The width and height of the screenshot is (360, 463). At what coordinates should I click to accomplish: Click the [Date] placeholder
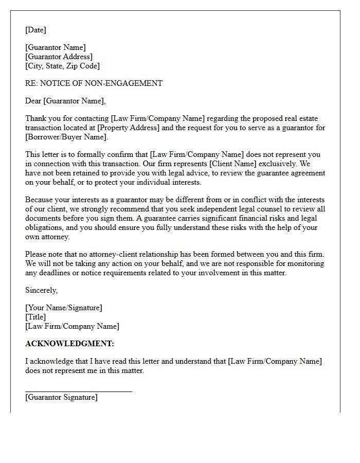35,30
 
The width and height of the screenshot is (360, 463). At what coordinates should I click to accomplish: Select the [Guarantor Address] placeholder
59,57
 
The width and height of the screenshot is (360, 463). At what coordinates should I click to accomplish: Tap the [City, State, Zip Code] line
62,66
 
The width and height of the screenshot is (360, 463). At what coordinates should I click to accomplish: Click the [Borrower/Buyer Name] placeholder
66,137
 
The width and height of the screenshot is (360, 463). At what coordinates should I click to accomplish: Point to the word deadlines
53,273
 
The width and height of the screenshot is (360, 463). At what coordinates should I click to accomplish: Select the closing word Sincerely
41,290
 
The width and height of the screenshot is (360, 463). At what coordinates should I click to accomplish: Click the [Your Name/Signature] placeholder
64,308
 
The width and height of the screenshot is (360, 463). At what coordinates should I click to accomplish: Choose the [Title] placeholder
35,317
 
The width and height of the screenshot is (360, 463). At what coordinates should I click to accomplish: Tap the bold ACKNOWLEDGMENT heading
69,344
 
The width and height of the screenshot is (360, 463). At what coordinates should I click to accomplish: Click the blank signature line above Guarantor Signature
78,391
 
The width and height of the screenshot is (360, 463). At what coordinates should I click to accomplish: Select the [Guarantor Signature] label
61,397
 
